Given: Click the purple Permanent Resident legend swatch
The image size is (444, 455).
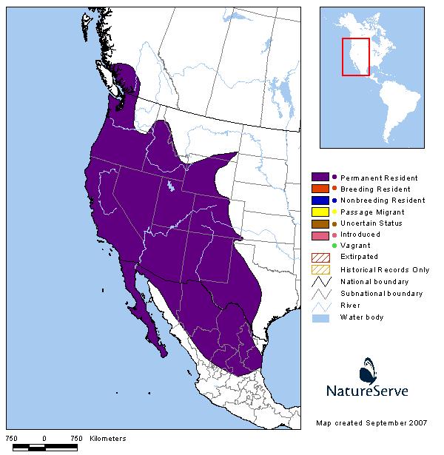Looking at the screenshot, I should (320, 178).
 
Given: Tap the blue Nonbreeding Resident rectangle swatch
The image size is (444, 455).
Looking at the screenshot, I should (320, 200).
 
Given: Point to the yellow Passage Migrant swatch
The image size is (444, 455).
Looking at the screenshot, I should (320, 212).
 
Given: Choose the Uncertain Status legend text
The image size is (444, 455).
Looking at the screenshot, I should (371, 223).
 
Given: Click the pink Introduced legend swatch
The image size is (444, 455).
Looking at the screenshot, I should (320, 234).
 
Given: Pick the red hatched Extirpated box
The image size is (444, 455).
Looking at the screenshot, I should (320, 257).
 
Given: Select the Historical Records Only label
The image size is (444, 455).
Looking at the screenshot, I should (384, 270).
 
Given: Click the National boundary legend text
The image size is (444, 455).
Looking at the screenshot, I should (375, 282).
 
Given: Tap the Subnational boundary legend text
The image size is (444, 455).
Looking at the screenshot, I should (381, 294).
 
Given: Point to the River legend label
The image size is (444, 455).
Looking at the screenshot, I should (350, 306).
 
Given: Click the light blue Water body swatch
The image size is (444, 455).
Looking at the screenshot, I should (320, 317).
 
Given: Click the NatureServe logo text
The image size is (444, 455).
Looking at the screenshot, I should (367, 389).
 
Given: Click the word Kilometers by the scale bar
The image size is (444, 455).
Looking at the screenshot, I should (108, 439).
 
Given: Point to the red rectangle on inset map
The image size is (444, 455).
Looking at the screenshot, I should (355, 56).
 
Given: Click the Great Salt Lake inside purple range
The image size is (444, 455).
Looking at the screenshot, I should (171, 186).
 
